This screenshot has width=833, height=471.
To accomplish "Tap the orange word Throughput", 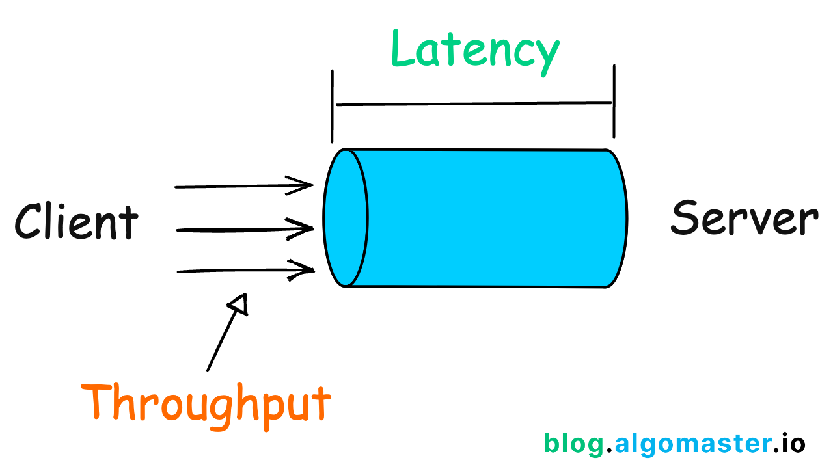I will [206, 402].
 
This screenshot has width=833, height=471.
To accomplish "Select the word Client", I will [76, 221].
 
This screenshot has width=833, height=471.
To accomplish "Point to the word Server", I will [744, 218].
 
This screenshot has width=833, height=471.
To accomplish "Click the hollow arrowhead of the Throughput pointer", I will [239, 304].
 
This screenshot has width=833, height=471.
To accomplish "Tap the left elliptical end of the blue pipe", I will [346, 217].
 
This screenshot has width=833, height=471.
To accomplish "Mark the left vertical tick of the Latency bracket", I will [333, 105].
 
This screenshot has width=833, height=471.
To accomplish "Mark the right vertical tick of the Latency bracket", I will [614, 101].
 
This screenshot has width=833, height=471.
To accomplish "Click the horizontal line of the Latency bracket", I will [473, 103].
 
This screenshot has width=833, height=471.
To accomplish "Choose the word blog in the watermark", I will [573, 444].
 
